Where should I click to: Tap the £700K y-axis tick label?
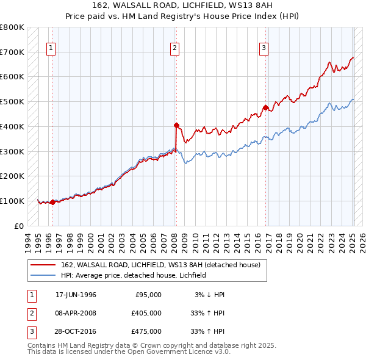(12, 52)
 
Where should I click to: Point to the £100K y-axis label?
(12, 201)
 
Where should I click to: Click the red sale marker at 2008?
(176, 126)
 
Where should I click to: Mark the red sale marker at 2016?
(265, 108)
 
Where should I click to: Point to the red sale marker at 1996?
(52, 202)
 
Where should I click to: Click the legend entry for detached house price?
(160, 265)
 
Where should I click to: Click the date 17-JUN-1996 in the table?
(76, 295)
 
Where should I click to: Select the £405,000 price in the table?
(146, 313)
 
